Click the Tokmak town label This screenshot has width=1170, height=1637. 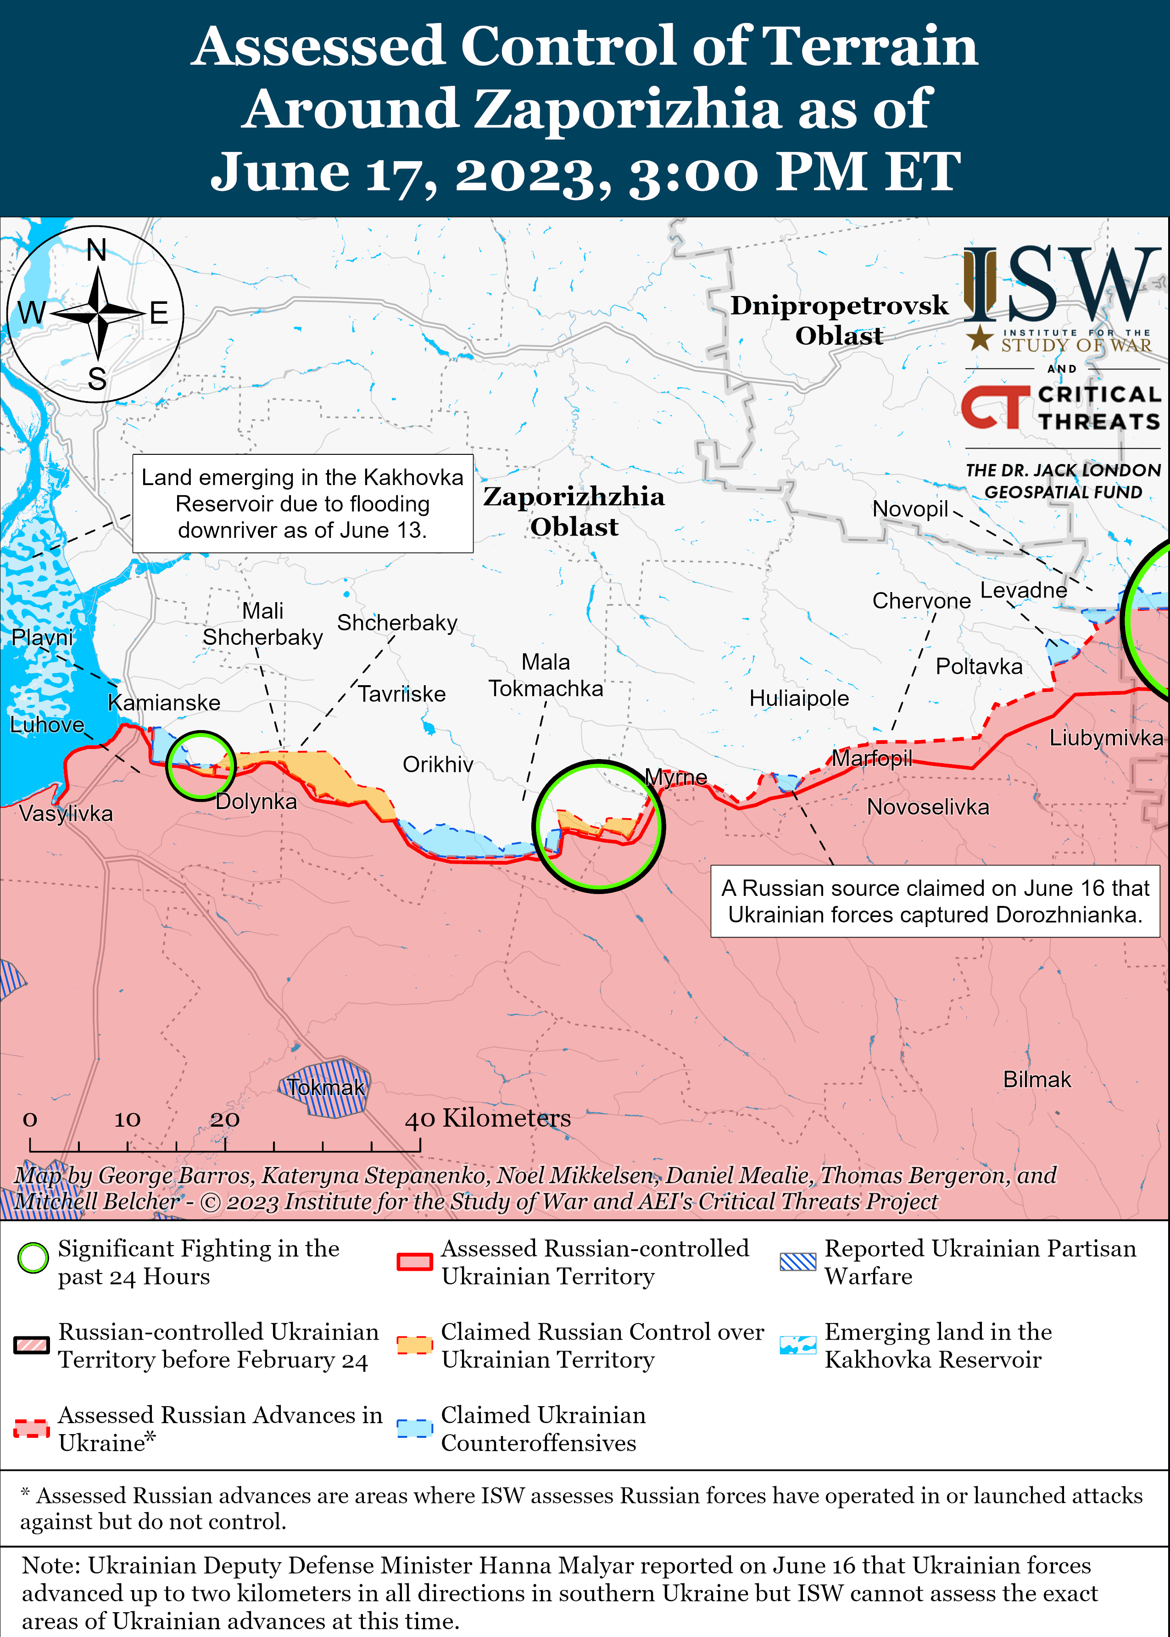click(x=326, y=1087)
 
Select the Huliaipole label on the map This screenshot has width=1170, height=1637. click(x=798, y=698)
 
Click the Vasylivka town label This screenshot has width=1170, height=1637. click(x=66, y=814)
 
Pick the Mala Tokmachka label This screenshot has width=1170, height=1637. click(x=546, y=675)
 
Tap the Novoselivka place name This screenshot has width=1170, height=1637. click(x=927, y=807)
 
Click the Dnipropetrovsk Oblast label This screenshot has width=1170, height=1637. click(x=839, y=320)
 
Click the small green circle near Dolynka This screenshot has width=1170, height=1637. click(x=201, y=765)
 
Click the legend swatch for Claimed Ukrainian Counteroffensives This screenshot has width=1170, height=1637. click(x=414, y=1428)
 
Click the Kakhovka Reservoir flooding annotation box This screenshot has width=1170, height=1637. click(x=302, y=503)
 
